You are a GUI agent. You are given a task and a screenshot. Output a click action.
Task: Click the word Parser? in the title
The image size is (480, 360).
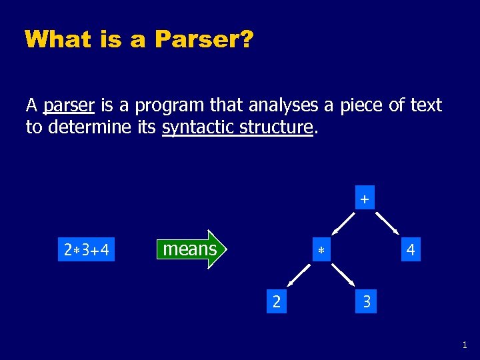(203, 39)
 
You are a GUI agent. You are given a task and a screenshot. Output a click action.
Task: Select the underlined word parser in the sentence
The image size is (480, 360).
(69, 105)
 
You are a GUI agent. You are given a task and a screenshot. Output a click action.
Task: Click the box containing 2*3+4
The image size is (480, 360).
(87, 251)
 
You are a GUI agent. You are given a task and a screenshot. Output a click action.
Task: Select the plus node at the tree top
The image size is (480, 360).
(364, 199)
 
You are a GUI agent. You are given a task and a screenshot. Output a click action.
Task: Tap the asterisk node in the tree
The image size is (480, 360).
(321, 251)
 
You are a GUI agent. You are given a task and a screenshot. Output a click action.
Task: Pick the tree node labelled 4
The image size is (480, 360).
(411, 251)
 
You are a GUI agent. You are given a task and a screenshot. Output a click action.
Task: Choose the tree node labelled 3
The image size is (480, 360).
(366, 302)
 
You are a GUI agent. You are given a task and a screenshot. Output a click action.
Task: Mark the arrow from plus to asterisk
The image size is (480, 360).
(343, 225)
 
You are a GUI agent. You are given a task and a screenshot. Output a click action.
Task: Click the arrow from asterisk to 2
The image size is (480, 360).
(299, 275)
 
